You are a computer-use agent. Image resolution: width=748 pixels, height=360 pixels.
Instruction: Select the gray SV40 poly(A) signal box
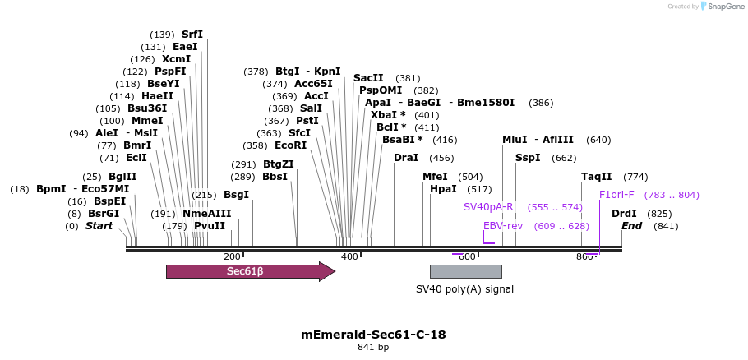(x=465, y=272)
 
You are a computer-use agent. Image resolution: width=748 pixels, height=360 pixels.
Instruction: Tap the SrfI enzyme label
(x=192, y=35)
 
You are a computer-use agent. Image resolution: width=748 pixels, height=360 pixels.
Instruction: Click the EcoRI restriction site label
(x=291, y=145)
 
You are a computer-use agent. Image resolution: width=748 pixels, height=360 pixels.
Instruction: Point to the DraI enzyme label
(x=406, y=158)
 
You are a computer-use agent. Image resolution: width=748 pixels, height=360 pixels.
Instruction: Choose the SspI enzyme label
(x=528, y=158)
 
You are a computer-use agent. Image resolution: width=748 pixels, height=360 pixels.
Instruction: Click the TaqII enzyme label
(x=597, y=177)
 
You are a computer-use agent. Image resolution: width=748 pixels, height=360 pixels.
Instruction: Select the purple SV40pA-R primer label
(x=488, y=207)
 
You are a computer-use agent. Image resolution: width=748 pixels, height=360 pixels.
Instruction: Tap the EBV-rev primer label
(x=503, y=226)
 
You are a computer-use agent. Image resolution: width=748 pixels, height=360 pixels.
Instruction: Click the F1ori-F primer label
(x=616, y=195)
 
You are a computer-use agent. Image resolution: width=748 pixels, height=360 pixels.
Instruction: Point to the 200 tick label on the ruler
(x=232, y=256)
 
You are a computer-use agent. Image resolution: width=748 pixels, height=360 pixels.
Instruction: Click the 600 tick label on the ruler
(x=467, y=256)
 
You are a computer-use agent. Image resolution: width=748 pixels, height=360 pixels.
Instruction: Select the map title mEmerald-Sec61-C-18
(x=373, y=335)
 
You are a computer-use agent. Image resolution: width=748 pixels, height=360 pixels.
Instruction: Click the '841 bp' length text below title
(x=373, y=348)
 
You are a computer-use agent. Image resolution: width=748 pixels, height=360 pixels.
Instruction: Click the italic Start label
(x=99, y=226)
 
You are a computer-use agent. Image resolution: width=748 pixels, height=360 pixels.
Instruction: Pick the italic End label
(x=631, y=226)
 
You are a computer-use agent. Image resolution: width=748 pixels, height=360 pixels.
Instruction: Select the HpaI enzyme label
(x=443, y=189)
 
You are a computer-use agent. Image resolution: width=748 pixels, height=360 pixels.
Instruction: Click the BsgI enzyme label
(x=236, y=195)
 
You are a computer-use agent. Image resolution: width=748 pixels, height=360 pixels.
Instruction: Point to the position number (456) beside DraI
(x=441, y=158)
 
